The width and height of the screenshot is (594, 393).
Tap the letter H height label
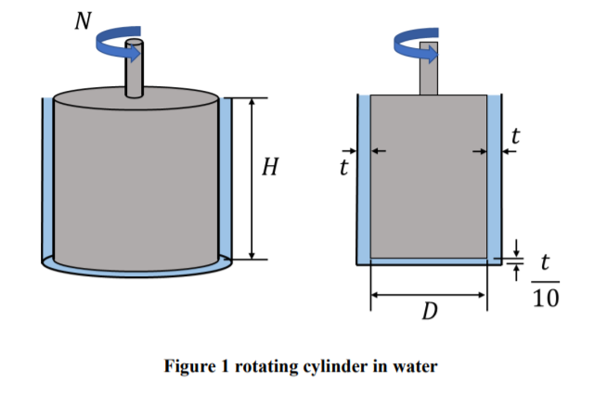click(x=271, y=168)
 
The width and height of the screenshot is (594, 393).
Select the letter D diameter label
click(x=429, y=311)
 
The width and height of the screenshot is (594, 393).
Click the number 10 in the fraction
click(x=547, y=298)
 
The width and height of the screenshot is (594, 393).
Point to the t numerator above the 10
click(x=546, y=263)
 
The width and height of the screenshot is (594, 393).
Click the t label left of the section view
click(x=343, y=168)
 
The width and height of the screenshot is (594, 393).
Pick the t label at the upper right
click(x=516, y=136)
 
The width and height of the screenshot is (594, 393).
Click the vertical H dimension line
click(x=252, y=176)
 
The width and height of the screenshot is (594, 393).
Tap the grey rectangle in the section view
click(x=428, y=176)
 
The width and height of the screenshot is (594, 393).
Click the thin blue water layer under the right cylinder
click(x=428, y=261)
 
